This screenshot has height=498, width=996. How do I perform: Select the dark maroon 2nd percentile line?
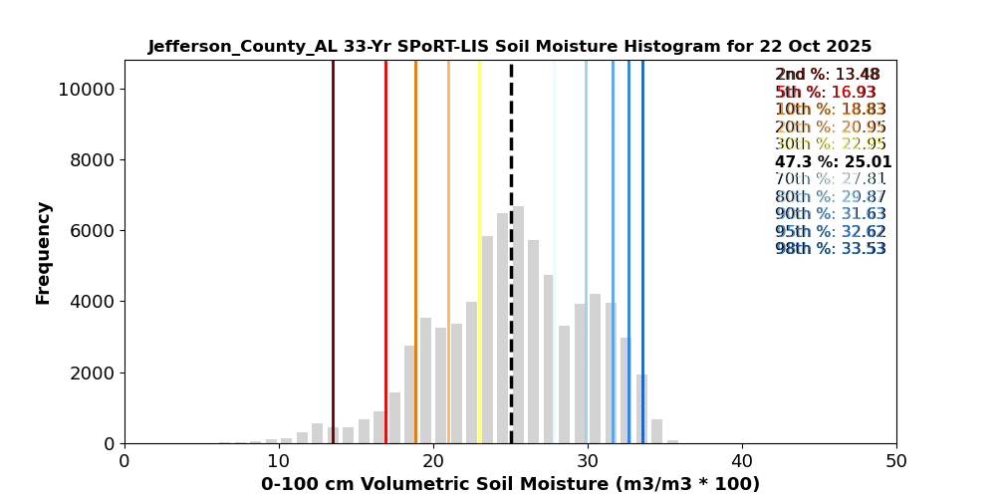click(x=333, y=249)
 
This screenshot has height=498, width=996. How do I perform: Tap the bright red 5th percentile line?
click(x=385, y=249)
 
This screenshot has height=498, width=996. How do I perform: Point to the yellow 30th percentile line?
click(x=479, y=249)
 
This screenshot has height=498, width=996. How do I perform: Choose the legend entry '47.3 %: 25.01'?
click(x=833, y=162)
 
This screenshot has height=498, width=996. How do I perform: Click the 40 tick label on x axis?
click(x=741, y=462)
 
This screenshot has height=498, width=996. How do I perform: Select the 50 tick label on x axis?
click(x=895, y=462)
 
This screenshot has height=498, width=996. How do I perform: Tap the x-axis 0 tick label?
click(x=124, y=462)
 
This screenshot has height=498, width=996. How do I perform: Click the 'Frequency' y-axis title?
click(x=44, y=252)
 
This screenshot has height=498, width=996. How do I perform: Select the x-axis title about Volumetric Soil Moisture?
click(x=510, y=484)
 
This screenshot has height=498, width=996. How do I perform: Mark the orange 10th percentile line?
click(x=415, y=249)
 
